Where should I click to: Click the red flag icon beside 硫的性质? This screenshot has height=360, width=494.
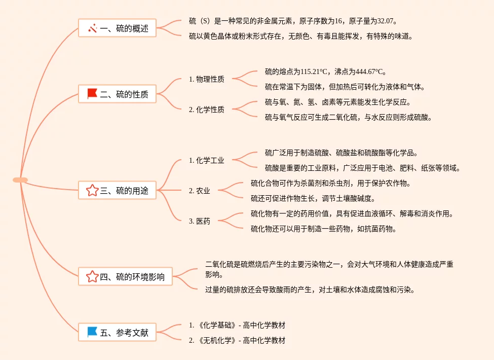pos(92,94)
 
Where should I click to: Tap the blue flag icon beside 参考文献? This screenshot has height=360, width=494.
pos(92,332)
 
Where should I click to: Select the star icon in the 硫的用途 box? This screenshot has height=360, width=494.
pos(92,191)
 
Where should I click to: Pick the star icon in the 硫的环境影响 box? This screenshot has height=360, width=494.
pos(92,277)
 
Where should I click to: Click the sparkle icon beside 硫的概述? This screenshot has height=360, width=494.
pos(92,28)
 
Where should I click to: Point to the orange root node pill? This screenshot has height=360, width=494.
pos(20,180)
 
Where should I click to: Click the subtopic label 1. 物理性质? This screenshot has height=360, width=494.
pos(206,79)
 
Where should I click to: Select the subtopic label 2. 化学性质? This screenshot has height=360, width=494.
pos(206,110)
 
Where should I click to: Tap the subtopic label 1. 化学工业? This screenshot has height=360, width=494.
pos(206,160)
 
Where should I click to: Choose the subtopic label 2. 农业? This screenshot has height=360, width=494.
pos(199,191)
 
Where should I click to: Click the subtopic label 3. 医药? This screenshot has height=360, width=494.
pos(199,221)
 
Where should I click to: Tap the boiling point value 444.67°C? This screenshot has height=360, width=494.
pos(371,71)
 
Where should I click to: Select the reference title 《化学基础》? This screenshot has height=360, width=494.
pos(216,325)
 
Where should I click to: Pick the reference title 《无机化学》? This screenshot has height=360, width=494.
pos(216,340)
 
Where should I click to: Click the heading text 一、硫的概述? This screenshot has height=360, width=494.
pos(124,28)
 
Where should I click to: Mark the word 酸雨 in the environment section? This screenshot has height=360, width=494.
pos(269,290)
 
